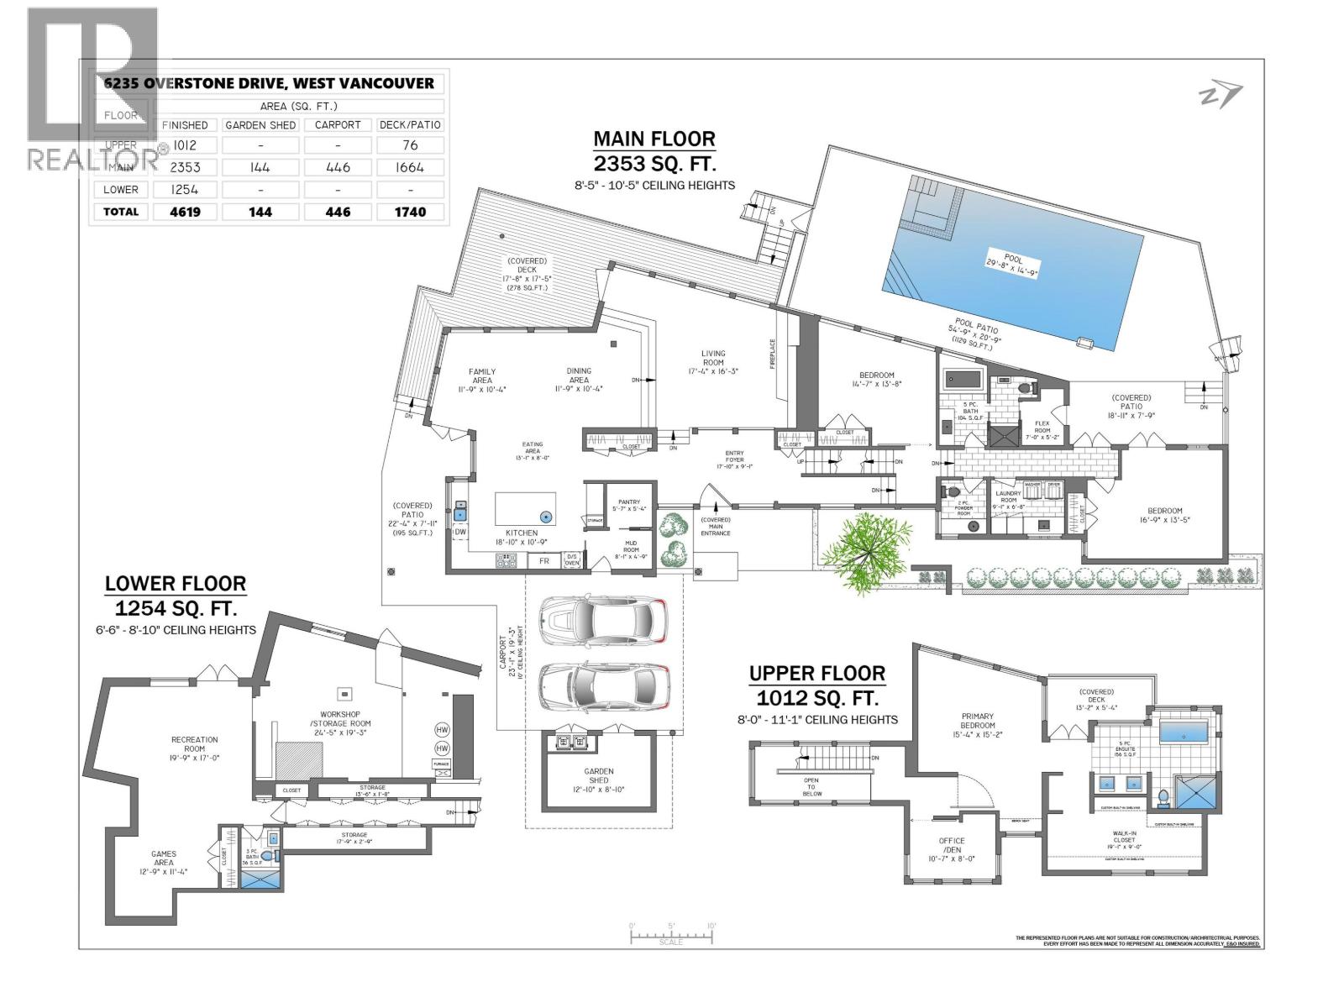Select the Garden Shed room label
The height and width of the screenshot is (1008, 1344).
pyautogui.click(x=599, y=780)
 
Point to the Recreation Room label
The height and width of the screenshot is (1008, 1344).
pyautogui.click(x=194, y=743)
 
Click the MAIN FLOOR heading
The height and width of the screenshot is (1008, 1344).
pyautogui.click(x=654, y=139)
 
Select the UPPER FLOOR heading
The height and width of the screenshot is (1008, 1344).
pyautogui.click(x=816, y=673)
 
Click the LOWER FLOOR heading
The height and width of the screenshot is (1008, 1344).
pyautogui.click(x=175, y=583)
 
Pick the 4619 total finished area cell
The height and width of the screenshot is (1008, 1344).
pyautogui.click(x=184, y=212)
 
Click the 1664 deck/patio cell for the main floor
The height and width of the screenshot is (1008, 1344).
pyautogui.click(x=409, y=167)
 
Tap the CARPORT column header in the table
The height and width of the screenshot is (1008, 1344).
pyautogui.click(x=337, y=124)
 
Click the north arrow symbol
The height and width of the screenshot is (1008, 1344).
pyautogui.click(x=1219, y=97)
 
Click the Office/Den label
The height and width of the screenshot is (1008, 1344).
pyautogui.click(x=952, y=845)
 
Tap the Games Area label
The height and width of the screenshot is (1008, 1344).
pyautogui.click(x=164, y=858)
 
